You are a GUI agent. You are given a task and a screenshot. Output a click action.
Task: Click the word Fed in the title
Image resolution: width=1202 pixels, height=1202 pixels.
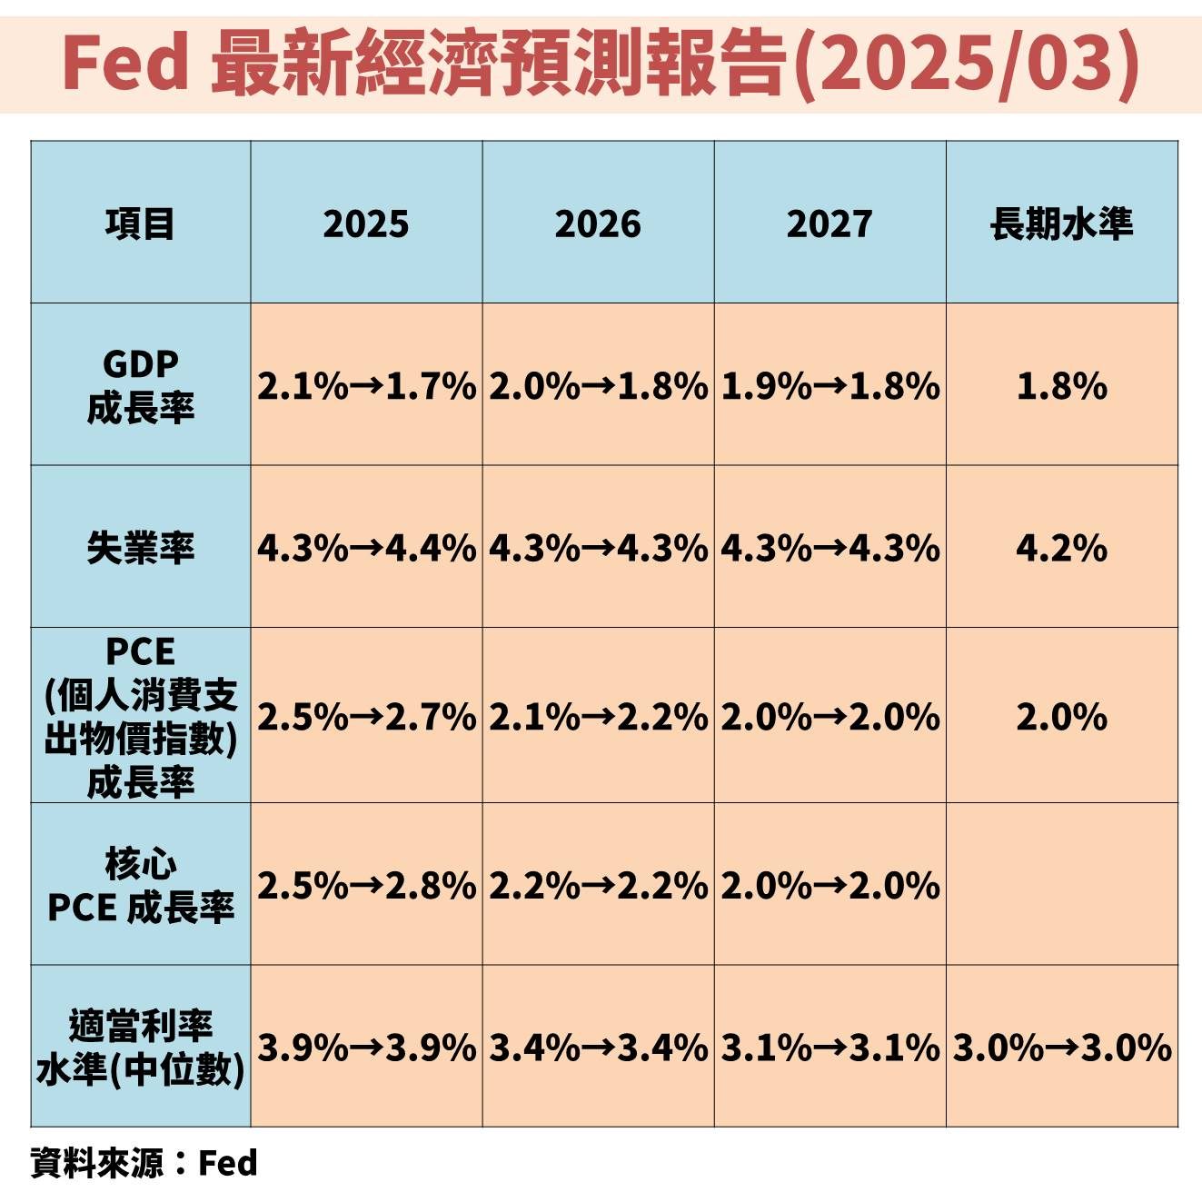(125, 65)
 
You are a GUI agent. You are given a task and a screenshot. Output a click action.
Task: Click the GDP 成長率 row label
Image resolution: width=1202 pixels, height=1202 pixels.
(140, 386)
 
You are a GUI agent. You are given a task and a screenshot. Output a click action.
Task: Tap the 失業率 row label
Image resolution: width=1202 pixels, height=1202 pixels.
(140, 548)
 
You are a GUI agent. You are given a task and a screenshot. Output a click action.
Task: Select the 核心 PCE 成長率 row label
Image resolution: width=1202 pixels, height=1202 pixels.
(140, 886)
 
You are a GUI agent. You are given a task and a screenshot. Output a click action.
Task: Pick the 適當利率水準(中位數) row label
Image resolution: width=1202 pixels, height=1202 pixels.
(140, 1048)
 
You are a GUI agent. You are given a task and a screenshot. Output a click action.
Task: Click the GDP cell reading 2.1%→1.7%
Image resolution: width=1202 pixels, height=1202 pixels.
(366, 387)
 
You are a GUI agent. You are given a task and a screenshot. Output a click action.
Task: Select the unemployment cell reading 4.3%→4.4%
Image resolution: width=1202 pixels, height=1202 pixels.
(366, 549)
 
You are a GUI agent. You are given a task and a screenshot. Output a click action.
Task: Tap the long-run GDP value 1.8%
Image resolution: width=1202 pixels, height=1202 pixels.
(1062, 387)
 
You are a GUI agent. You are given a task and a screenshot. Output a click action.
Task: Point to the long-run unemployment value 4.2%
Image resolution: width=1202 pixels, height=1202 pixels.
(1062, 549)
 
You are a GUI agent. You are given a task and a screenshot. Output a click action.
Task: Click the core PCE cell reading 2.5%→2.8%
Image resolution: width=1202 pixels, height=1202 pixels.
(366, 886)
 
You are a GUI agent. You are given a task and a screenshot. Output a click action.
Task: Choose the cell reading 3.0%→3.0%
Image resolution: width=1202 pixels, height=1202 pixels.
(1062, 1048)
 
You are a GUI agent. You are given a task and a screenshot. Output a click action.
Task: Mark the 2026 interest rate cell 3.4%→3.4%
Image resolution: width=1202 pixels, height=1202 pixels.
(598, 1048)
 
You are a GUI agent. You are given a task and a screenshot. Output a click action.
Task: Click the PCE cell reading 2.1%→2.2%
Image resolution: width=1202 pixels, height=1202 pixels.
(598, 718)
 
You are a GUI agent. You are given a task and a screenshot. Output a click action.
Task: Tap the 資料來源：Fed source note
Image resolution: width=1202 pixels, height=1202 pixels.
(144, 1163)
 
